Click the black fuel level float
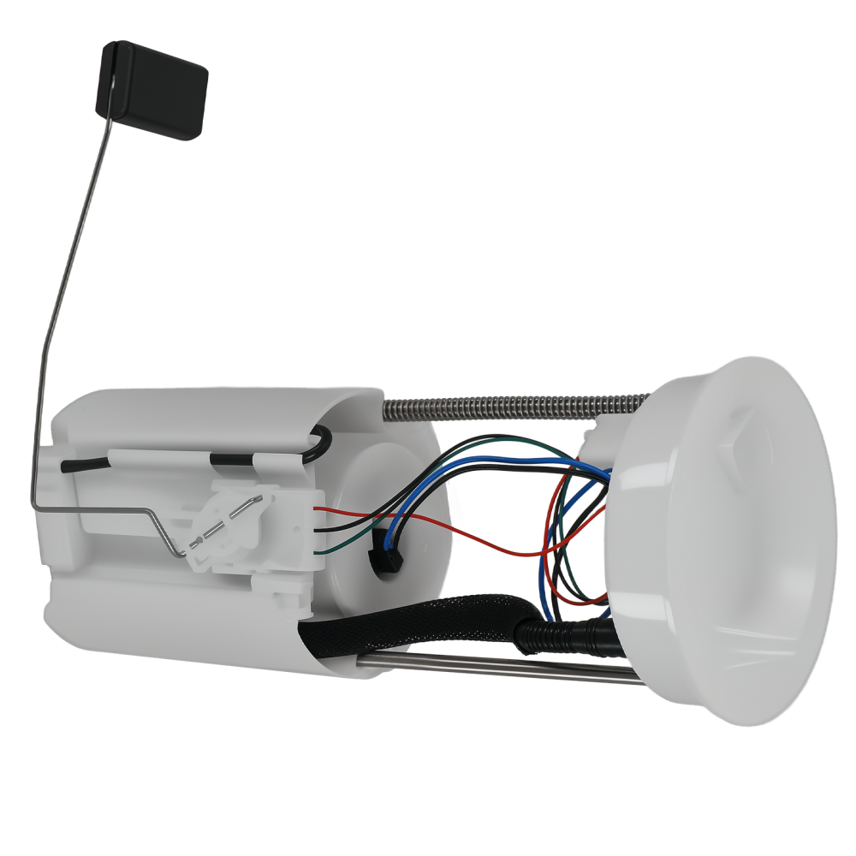click(152, 90)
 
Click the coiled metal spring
click(514, 405)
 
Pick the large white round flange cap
click(719, 539)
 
